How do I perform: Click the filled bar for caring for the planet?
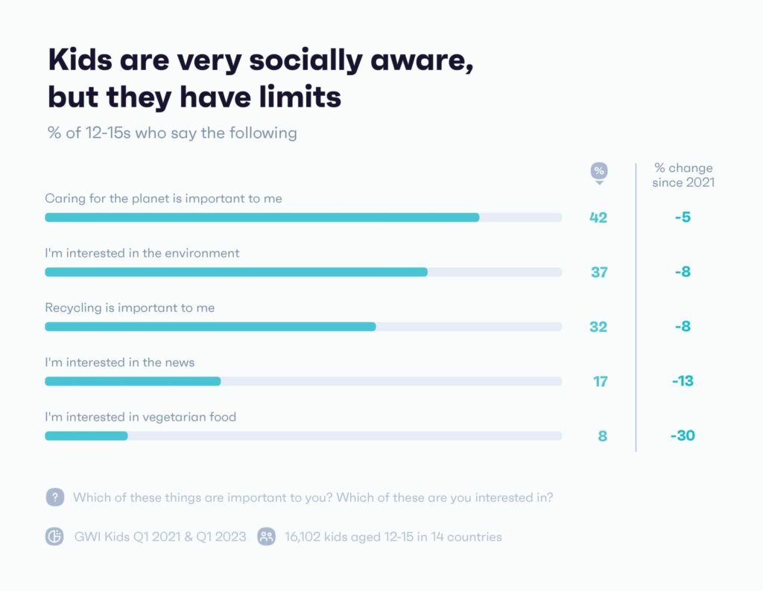262,217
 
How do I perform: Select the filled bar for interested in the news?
133,381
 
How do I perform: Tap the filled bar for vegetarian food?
86,435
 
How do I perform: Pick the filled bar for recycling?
210,327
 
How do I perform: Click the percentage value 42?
598,218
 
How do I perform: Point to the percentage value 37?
599,272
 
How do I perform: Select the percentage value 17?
600,382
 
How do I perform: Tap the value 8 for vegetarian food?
603,436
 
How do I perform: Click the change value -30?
683,435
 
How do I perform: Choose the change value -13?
683,381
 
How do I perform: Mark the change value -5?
683,218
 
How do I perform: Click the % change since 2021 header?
683,175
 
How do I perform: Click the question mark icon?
54,497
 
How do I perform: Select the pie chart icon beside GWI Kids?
54,536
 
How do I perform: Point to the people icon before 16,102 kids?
266,536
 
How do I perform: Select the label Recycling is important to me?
130,307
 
